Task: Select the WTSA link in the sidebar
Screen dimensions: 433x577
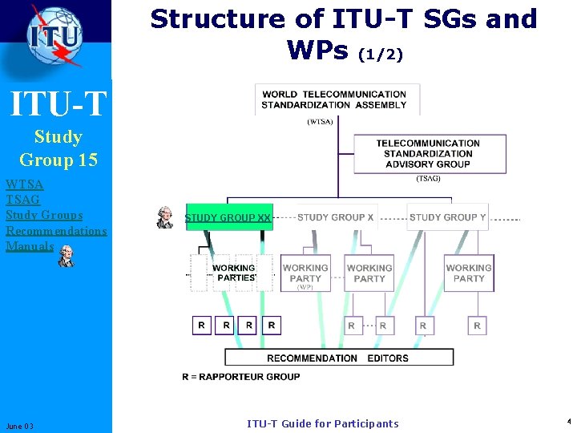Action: pos(25,184)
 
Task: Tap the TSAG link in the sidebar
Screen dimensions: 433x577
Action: pos(22,199)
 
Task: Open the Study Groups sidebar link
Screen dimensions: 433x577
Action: pos(44,215)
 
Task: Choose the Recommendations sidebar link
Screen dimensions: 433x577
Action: pos(56,231)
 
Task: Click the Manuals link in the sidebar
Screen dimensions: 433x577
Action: pos(30,246)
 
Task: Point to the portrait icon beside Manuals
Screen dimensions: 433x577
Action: pos(67,256)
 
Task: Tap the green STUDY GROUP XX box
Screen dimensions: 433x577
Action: pos(228,217)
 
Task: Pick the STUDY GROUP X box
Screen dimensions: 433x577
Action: pos(335,217)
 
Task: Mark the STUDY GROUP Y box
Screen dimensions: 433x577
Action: pos(447,217)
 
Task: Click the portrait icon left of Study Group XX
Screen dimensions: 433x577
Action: pos(165,217)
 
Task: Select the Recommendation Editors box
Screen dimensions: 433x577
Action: pos(339,358)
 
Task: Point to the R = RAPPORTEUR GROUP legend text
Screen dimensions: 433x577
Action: pos(240,376)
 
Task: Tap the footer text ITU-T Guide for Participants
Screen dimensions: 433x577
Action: pos(322,423)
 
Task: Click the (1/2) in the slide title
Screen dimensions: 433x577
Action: pos(380,55)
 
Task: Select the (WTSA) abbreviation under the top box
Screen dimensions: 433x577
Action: pos(321,122)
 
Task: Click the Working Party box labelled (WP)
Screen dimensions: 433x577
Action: pos(305,273)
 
